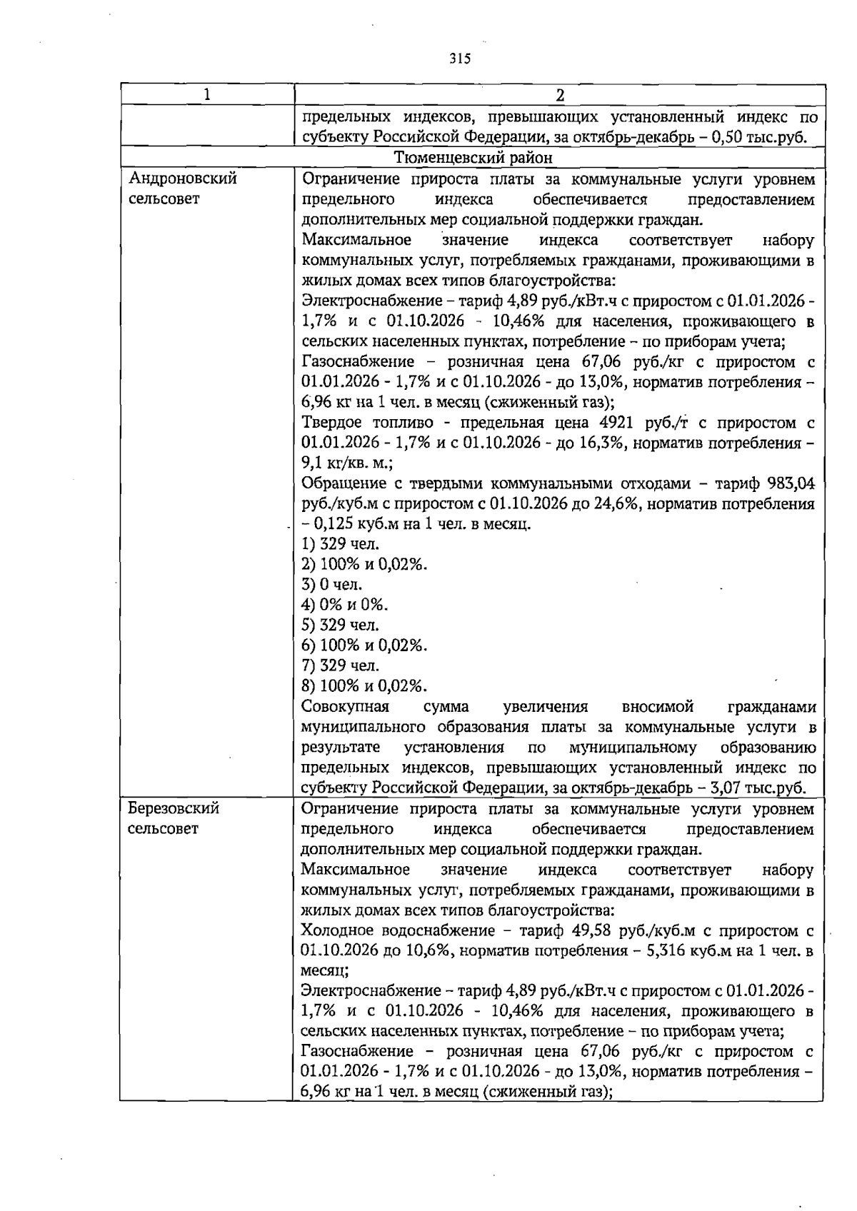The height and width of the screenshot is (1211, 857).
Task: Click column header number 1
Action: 207,95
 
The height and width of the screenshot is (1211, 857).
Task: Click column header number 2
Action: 560,95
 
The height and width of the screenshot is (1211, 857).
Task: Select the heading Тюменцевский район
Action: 473,157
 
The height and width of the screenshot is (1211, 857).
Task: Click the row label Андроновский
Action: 182,179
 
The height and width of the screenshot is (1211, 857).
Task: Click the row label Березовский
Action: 173,808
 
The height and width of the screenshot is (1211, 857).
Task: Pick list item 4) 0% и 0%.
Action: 344,605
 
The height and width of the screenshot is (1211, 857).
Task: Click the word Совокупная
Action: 345,707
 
